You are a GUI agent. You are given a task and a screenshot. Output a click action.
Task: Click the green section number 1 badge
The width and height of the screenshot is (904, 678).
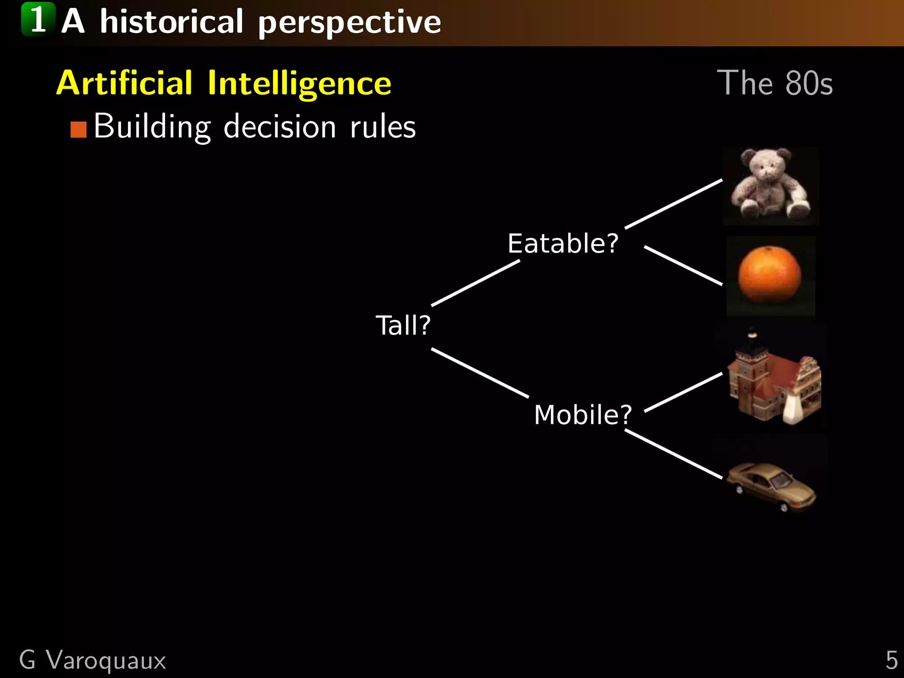[x=38, y=19]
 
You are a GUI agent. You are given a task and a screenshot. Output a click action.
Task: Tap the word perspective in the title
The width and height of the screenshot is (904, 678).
[x=349, y=23]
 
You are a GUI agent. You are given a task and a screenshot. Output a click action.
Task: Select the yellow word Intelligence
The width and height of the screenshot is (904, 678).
[x=299, y=83]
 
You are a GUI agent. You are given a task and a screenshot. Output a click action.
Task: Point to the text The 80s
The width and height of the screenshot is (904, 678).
[x=775, y=83]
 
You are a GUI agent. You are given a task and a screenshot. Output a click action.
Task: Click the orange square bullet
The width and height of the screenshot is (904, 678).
[x=79, y=130]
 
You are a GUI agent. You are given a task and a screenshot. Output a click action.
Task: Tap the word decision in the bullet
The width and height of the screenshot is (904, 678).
[x=280, y=127]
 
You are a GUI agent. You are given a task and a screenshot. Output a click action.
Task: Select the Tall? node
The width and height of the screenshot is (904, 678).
[x=403, y=325]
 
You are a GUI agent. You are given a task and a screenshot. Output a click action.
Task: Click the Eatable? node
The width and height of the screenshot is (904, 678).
[x=563, y=243]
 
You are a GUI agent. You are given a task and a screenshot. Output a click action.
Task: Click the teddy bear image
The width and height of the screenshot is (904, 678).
[x=770, y=186]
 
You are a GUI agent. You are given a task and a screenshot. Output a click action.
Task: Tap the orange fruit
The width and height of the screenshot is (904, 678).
[x=770, y=275]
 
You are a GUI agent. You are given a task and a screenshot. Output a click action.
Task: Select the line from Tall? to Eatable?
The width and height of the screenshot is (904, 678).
[x=475, y=283]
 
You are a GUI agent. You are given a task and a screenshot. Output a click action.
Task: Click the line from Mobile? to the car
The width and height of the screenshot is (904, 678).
[x=674, y=454]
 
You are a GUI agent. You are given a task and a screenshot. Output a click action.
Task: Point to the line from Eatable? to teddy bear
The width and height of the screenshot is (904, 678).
[x=674, y=204]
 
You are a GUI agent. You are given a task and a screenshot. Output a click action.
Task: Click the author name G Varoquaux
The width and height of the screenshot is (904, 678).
[x=93, y=660]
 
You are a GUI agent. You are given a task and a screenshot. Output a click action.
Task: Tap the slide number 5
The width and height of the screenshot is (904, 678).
[x=891, y=660]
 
